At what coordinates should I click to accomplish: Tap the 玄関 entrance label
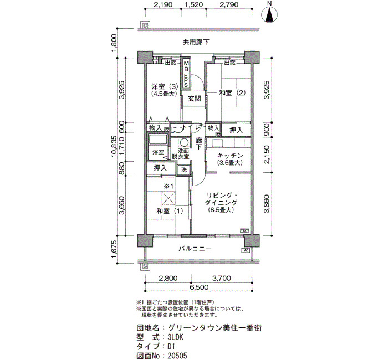pos(194,99)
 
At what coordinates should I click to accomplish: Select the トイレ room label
pos(191,127)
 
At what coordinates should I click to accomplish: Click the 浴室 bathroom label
pos(158,152)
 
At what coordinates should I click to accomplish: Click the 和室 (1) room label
pos(170,211)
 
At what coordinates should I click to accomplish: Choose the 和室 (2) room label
pos(232,93)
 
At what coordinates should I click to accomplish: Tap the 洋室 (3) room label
pos(165,87)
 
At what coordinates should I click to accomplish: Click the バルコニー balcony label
pos(195,249)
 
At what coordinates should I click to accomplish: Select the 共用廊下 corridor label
pos(196,42)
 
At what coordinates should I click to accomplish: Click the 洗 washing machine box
pos(184,170)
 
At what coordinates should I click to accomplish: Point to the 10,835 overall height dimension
pos(114,147)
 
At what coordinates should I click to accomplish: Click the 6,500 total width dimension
pos(198,287)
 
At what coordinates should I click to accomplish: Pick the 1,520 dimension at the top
pos(193,4)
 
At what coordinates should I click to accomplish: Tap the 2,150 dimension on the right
pos(267,155)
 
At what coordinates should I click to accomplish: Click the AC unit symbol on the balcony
pos(246,250)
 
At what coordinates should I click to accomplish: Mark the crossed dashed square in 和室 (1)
pos(169,198)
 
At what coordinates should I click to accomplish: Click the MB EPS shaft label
pos(186,74)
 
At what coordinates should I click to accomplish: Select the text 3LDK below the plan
pos(176,337)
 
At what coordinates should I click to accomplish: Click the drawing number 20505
pos(177,356)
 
